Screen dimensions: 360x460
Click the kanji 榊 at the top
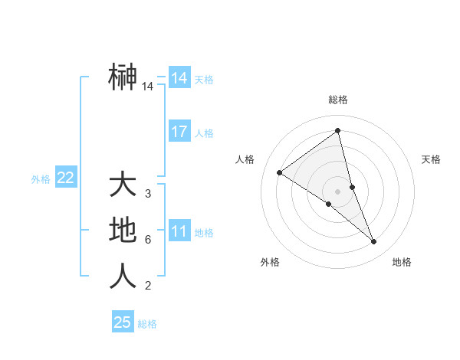123,77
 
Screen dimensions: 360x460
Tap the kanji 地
123,231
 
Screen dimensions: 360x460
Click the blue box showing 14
179,78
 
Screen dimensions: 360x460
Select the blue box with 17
179,132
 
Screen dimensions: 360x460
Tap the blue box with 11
179,231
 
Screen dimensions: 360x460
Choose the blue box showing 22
66,178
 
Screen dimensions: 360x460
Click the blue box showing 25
123,322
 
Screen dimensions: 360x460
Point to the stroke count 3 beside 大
148,194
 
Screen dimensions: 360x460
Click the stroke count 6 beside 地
148,240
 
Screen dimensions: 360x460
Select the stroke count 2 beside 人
148,286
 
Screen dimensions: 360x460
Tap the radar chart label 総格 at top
338,100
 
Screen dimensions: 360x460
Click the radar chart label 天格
432,159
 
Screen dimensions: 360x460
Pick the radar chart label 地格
402,262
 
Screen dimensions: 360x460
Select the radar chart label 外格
270,262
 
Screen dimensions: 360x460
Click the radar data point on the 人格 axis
280,172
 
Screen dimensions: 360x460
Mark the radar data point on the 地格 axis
374,242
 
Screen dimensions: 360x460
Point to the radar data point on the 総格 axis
338,130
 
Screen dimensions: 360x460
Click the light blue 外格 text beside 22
41,179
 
